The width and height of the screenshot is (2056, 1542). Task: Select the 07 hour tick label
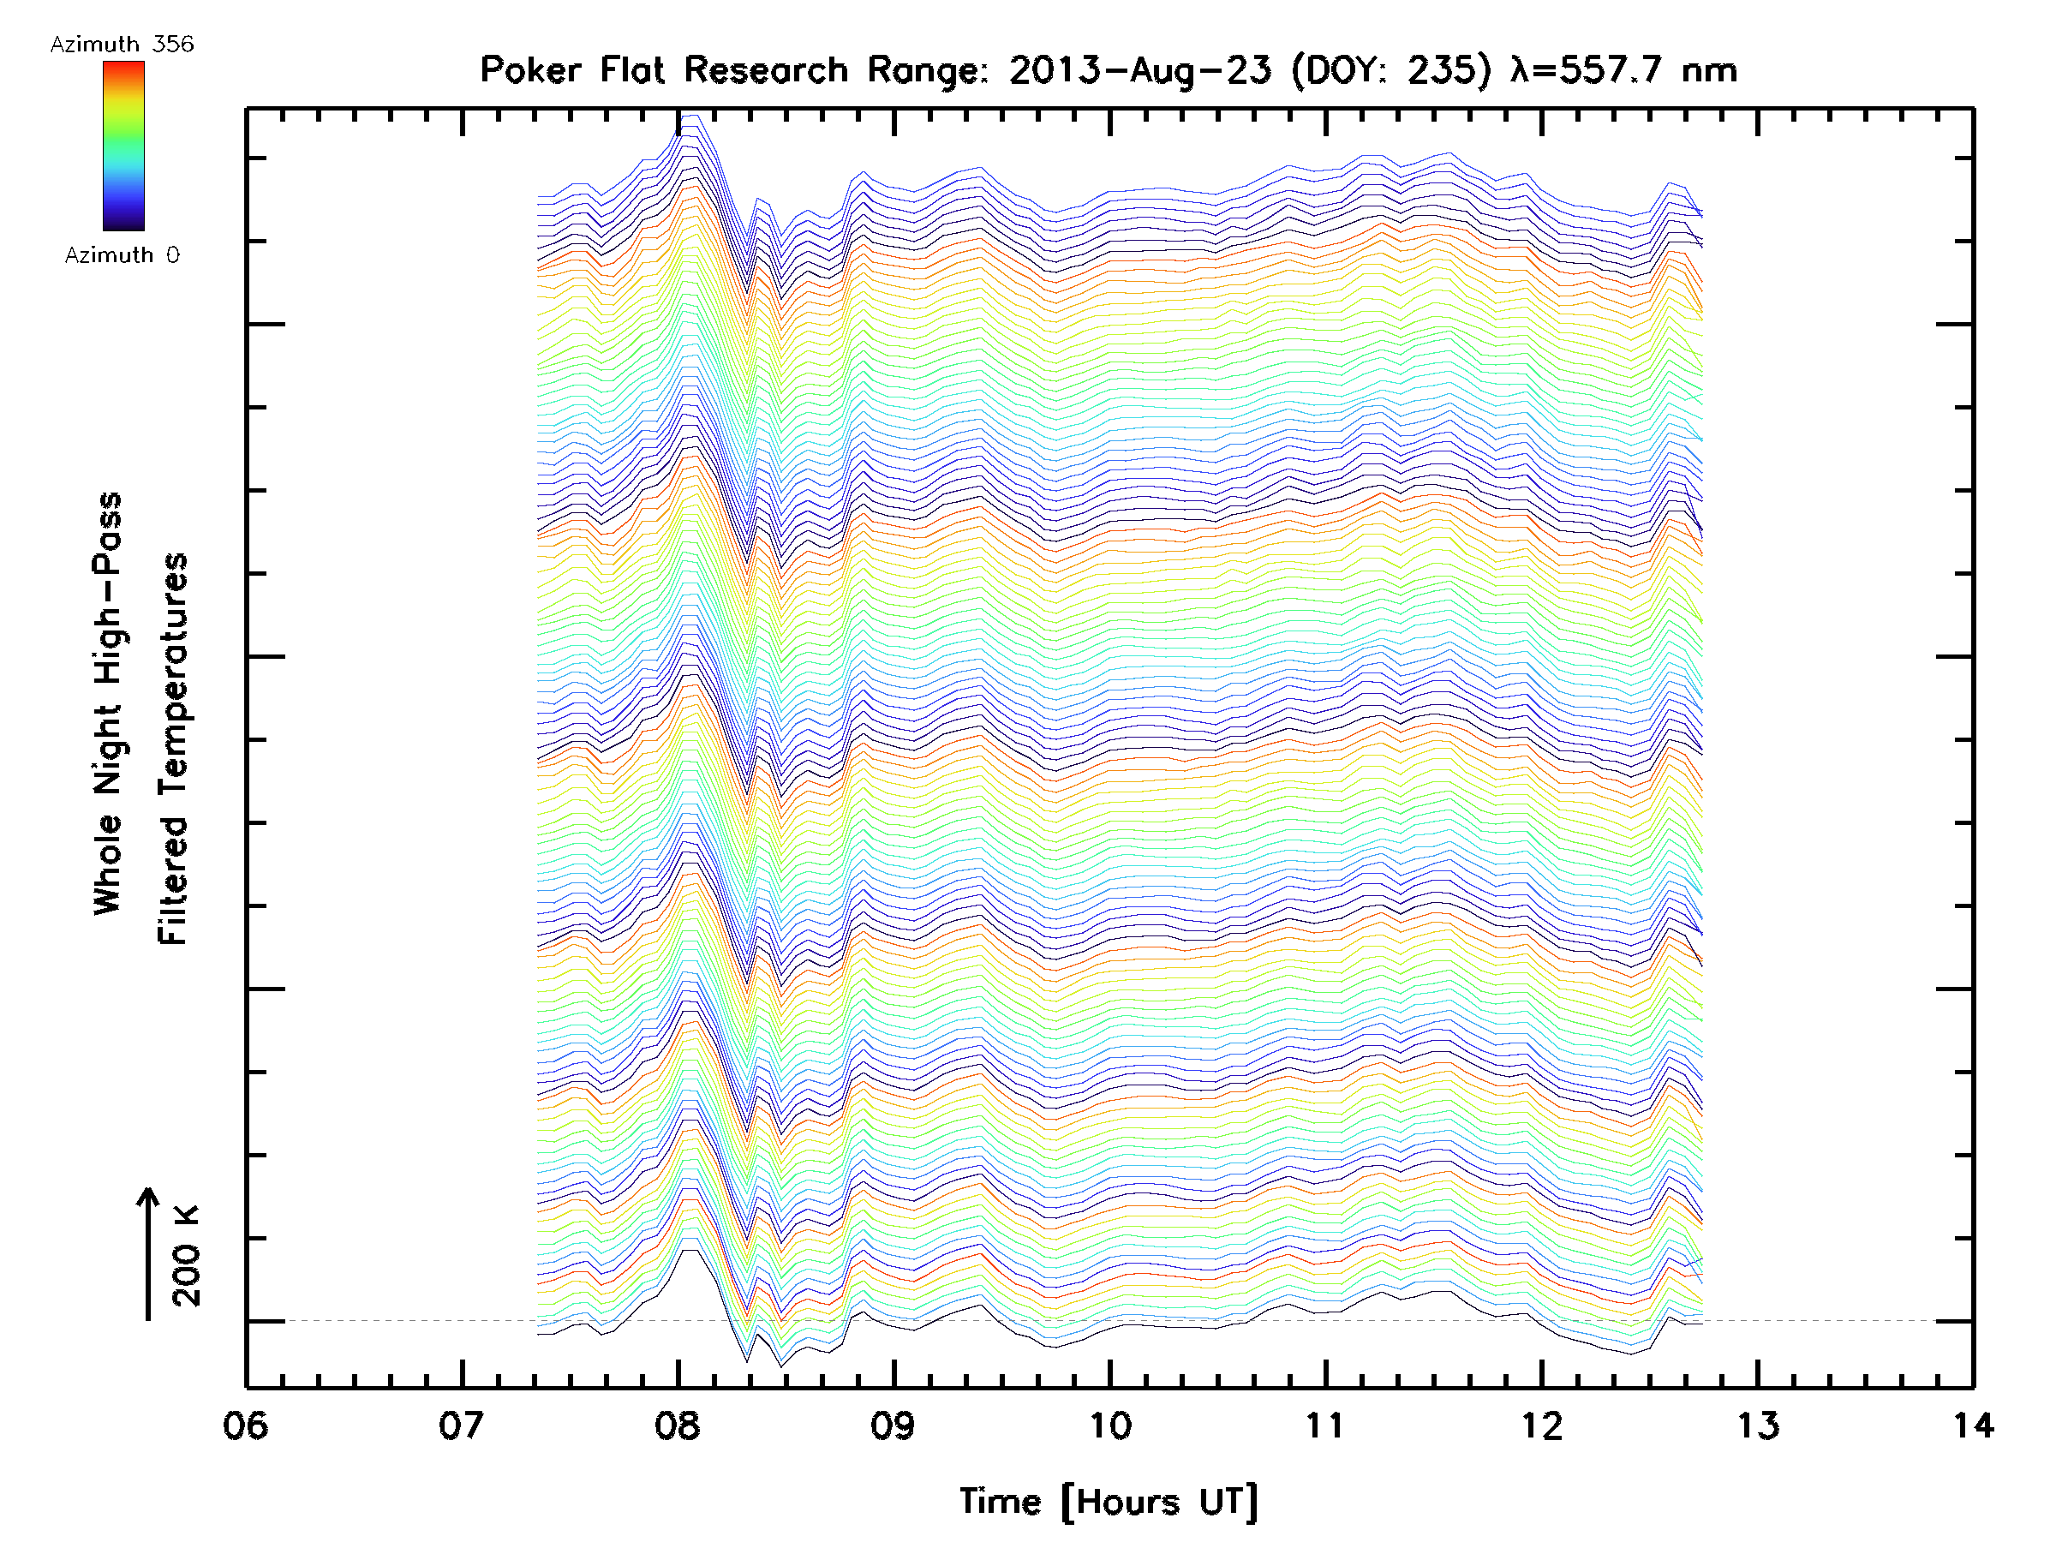pos(462,1425)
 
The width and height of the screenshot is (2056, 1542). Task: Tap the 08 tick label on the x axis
pos(678,1425)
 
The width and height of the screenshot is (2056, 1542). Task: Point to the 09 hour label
pos(894,1425)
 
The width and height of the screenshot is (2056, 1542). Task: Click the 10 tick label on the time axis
pos(1109,1425)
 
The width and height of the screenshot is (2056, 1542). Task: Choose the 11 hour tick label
pos(1325,1425)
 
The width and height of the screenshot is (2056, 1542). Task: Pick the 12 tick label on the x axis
pos(1542,1425)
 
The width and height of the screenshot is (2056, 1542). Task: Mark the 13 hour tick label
pos(1758,1425)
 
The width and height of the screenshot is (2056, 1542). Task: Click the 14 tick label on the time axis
pos(1972,1425)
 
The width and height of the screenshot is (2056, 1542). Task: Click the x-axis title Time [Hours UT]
pos(1109,1502)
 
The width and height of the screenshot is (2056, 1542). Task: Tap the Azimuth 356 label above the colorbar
pos(122,45)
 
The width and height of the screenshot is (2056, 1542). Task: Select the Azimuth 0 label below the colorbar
pos(122,254)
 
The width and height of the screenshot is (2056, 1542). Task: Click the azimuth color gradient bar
pos(123,146)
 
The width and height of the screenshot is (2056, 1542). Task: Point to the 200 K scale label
pos(187,1257)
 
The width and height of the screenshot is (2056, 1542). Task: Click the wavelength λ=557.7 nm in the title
pos(1623,70)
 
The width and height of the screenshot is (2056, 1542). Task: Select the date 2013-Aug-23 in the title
pos(1139,70)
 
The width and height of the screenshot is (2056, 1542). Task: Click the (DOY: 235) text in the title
pos(1391,70)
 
